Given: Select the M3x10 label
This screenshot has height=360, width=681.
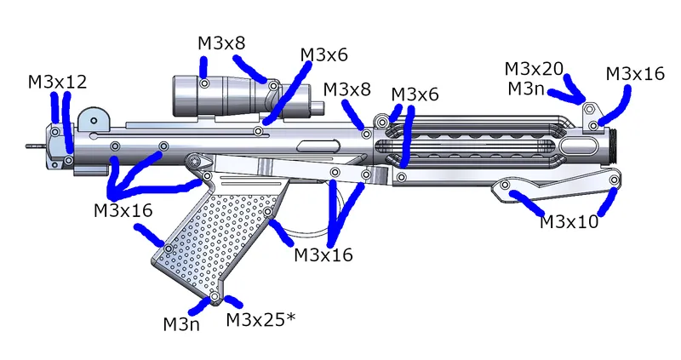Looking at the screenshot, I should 569,222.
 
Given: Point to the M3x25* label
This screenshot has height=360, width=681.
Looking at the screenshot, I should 260,320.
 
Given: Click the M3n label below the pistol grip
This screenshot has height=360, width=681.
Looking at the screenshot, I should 181,323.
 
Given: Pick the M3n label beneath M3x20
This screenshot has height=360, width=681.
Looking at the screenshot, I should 527,89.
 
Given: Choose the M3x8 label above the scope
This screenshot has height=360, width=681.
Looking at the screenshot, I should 224,43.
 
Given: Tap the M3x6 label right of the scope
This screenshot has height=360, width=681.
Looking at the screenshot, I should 323,54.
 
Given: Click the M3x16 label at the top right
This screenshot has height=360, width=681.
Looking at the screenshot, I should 635,74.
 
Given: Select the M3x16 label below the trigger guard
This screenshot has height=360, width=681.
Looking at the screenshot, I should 323,254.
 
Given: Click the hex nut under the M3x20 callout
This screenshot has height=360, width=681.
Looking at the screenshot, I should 589,111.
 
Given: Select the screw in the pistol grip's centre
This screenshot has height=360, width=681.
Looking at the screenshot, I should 268,211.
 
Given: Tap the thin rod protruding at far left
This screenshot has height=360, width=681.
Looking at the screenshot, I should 34,146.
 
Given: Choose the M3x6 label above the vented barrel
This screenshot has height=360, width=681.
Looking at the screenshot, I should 415,94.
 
